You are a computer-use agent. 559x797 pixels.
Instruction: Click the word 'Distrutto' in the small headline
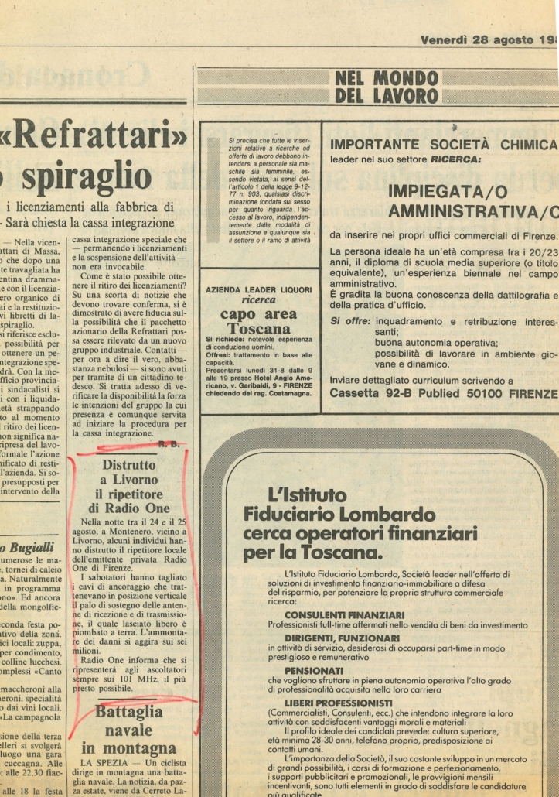[x=129, y=466]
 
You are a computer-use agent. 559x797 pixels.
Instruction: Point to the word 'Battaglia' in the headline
[x=130, y=713]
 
